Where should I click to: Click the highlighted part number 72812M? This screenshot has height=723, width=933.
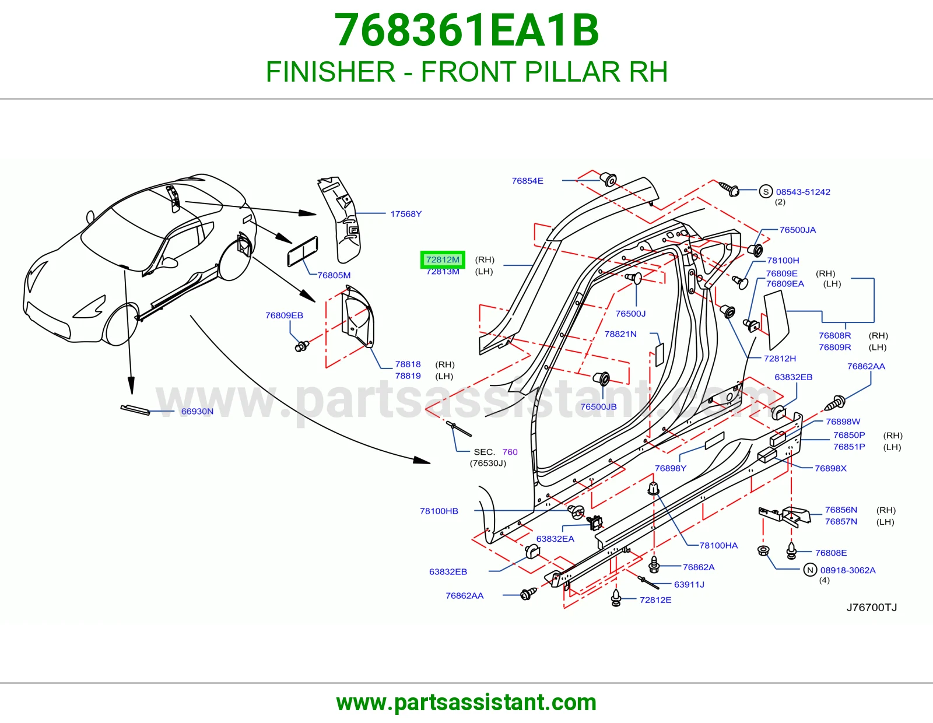(x=442, y=259)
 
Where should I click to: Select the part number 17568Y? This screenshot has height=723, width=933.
(x=406, y=214)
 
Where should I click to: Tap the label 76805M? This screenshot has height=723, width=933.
(x=334, y=275)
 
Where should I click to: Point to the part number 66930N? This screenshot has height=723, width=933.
(x=197, y=411)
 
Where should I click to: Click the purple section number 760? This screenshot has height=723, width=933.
(x=510, y=452)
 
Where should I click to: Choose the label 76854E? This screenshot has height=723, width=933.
(x=527, y=181)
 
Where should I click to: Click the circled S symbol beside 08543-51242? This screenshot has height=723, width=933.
(x=766, y=191)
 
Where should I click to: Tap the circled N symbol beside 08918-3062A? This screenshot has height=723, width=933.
(x=810, y=570)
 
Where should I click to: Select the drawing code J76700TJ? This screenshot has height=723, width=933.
(x=872, y=608)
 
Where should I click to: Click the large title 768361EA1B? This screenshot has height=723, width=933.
(x=466, y=30)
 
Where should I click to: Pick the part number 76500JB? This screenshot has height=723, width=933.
(x=598, y=406)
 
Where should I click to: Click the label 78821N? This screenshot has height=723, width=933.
(x=620, y=334)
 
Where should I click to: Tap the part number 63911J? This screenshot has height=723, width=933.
(x=689, y=584)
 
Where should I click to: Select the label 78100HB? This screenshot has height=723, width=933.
(x=439, y=511)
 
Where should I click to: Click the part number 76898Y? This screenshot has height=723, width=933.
(x=670, y=468)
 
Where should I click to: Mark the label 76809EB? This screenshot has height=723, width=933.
(x=284, y=315)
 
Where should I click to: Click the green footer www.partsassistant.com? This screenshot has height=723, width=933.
(x=466, y=703)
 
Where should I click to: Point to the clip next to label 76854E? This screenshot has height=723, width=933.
(x=608, y=180)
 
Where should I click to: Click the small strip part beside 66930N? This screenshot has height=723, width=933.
(x=135, y=410)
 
